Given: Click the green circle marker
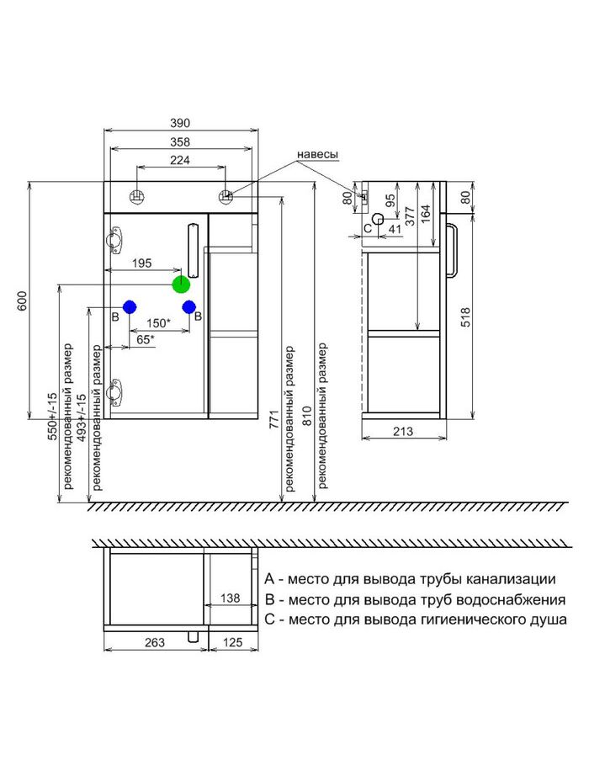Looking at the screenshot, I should (181, 284).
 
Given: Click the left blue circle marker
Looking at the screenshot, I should (130, 307).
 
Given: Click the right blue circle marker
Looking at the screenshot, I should (189, 307).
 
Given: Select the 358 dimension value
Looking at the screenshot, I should (181, 141).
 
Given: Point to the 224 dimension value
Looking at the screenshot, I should (181, 160).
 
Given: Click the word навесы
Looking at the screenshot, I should (317, 155).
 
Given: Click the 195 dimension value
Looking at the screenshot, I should (141, 263).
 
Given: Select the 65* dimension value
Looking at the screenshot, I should (146, 339).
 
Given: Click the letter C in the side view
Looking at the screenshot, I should (368, 227).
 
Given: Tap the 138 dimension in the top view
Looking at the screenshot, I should (231, 598).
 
